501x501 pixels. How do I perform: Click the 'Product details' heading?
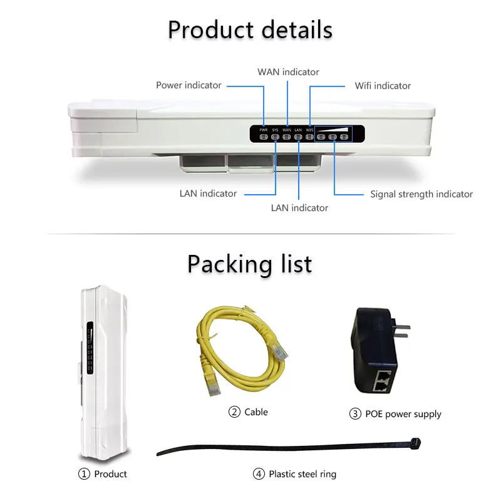[x=250, y=29]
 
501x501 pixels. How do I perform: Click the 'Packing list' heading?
[x=249, y=264]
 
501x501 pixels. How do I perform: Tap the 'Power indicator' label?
[x=189, y=85]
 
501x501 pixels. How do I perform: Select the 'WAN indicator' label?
[x=288, y=72]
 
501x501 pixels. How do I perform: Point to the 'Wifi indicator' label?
[x=383, y=86]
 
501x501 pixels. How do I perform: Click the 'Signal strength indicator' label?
[x=421, y=194]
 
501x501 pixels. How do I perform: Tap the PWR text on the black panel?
[x=264, y=130]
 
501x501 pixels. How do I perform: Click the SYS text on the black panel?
[x=275, y=130]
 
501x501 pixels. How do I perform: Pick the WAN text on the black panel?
[x=286, y=130]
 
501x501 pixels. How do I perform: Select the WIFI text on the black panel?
[x=309, y=130]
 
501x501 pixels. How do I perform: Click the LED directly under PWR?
[x=264, y=137]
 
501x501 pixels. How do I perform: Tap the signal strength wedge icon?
[x=333, y=129]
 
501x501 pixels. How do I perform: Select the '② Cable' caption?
[x=248, y=412]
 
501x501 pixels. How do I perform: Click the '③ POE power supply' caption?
[x=395, y=414]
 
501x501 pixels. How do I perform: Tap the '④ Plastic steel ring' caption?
[x=295, y=474]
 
